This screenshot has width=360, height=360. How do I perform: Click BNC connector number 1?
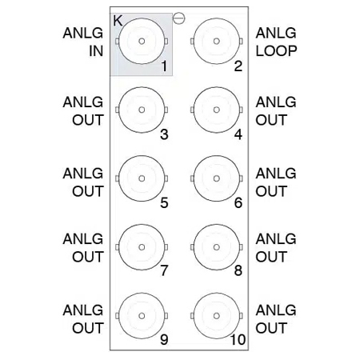click(x=142, y=42)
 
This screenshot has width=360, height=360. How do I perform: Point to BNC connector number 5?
click(x=142, y=179)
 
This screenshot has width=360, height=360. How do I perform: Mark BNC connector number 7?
click(x=142, y=247)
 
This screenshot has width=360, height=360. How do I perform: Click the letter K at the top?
click(x=118, y=20)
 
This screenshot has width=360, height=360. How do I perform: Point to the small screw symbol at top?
click(x=179, y=17)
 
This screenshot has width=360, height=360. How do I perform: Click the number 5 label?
click(x=163, y=202)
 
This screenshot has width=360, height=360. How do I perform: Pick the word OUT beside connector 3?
click(x=88, y=121)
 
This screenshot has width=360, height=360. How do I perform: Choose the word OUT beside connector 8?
click(x=271, y=258)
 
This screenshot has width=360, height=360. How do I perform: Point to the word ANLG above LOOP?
click(x=276, y=33)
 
